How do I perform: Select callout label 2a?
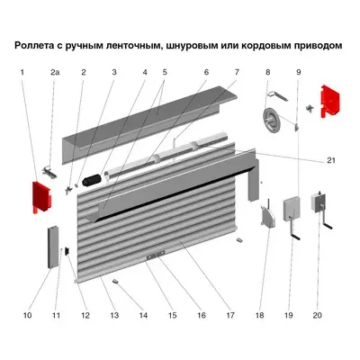coord(54,72)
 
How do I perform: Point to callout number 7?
coord(237,72)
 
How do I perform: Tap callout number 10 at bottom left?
coord(28,316)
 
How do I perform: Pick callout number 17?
coord(230,316)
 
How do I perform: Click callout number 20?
coord(317,316)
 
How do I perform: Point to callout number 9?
coord(298,72)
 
